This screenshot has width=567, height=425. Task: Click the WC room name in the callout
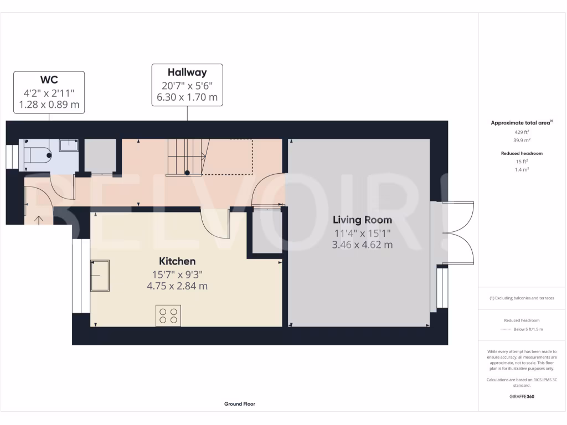click(49, 80)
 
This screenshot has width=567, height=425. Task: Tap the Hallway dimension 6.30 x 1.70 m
click(187, 99)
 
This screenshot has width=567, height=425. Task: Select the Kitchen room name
click(177, 261)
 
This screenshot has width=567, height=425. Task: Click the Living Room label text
click(363, 220)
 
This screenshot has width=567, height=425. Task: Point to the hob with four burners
click(168, 315)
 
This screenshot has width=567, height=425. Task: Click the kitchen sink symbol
click(100, 275)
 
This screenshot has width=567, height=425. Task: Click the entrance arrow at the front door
click(39, 220)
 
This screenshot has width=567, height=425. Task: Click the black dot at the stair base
click(187, 173)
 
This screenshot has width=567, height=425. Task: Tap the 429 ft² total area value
click(521, 132)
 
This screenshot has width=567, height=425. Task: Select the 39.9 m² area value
click(521, 141)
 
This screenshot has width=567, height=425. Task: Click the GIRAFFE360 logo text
click(521, 396)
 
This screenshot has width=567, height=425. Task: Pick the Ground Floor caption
click(239, 404)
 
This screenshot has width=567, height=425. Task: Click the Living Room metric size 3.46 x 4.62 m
click(363, 244)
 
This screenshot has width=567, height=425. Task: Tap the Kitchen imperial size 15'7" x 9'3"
click(177, 274)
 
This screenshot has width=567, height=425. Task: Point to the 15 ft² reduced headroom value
click(521, 162)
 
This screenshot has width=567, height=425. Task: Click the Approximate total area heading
click(521, 123)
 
